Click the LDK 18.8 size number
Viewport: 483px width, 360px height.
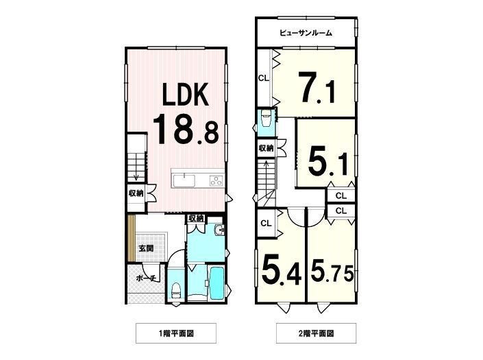point(186,129)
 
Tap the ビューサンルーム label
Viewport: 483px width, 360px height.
point(306,33)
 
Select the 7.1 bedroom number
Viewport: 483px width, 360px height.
point(318,87)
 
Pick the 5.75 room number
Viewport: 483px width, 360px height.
point(332,271)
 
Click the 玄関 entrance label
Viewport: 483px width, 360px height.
point(146,248)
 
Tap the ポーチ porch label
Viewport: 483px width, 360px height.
point(147,278)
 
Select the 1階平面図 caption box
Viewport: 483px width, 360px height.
point(176,333)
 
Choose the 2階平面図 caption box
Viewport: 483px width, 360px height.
point(317,333)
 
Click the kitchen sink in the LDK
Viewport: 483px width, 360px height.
point(184,180)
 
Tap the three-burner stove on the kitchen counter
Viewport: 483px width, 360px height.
point(216,180)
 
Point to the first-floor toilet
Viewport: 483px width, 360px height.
point(176,291)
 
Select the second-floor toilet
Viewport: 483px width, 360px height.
point(265,118)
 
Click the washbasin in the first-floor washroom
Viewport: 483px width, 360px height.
point(220,230)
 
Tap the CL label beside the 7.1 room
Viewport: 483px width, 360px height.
point(263,78)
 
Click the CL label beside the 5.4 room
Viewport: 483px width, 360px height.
point(266,223)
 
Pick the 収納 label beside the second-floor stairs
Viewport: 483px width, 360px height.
point(266,148)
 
